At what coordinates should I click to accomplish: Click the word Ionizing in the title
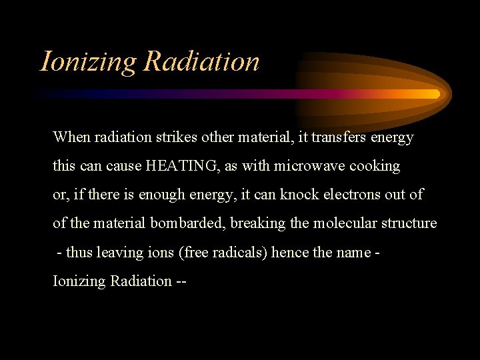coord(88,62)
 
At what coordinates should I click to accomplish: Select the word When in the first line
coord(71,137)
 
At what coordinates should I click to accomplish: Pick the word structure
coord(408,223)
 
